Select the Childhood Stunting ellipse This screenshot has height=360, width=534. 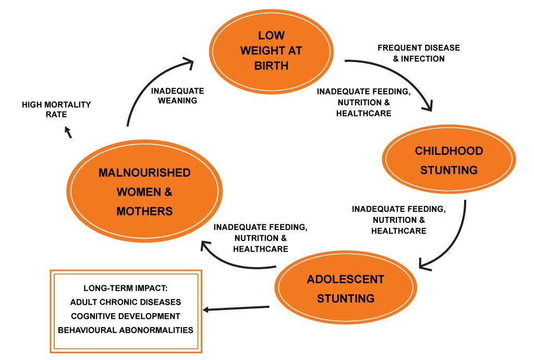click(449, 160)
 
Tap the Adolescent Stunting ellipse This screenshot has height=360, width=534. click(346, 289)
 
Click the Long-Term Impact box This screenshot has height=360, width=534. click(125, 311)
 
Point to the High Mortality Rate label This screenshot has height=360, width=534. click(56, 110)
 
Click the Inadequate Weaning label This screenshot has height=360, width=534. click(177, 95)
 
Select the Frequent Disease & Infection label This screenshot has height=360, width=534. click(419, 53)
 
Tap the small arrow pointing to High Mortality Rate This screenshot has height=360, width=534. click(68, 134)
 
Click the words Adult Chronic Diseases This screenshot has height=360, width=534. click(125, 302)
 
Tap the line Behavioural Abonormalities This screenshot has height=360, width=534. click(125, 330)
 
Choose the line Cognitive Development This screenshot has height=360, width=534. click(125, 316)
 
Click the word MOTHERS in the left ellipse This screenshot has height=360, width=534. click(145, 211)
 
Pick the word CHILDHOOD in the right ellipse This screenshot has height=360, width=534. click(448, 151)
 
